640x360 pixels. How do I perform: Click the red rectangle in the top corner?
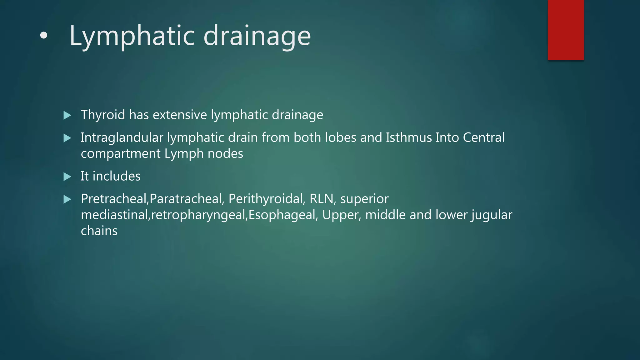(566, 30)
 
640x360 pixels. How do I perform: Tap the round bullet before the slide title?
(44, 36)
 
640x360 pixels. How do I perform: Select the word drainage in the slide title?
(257, 36)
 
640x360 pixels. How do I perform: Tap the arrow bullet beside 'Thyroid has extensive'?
(67, 115)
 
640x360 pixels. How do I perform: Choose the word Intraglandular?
(122, 138)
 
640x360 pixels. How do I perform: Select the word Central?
(483, 138)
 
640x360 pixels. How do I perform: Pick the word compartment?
(121, 154)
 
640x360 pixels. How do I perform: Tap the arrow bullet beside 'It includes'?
(67, 177)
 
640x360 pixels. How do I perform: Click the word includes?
(117, 176)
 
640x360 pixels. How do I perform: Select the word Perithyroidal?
(267, 199)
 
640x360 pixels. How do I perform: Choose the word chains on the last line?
(99, 231)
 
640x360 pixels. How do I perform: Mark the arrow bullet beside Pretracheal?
(67, 199)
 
